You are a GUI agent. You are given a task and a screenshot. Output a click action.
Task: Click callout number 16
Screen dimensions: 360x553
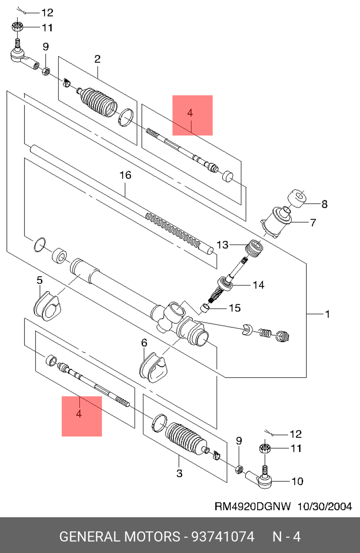(125, 175)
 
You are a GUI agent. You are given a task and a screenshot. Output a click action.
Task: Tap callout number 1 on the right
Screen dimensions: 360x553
(327, 314)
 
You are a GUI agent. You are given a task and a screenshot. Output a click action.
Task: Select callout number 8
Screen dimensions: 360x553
(324, 204)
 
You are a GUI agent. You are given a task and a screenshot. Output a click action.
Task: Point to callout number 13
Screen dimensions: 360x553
(222, 245)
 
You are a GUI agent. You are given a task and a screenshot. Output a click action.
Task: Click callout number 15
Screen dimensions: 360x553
(235, 308)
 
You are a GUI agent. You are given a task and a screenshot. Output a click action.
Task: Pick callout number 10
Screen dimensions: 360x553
(297, 481)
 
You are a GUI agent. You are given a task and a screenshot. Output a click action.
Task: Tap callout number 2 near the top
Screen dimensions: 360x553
(97, 59)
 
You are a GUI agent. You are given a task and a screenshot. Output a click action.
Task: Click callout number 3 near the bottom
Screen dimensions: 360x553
(180, 473)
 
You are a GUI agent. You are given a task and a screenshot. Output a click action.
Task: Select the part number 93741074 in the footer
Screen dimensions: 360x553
(223, 537)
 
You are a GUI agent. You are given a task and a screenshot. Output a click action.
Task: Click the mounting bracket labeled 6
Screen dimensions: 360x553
(153, 368)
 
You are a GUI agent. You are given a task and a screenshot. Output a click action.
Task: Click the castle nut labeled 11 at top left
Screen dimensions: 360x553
(17, 27)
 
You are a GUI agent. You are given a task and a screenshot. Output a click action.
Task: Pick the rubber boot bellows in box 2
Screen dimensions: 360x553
(97, 101)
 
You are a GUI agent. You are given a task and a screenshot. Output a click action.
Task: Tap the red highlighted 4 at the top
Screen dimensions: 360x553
(192, 115)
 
